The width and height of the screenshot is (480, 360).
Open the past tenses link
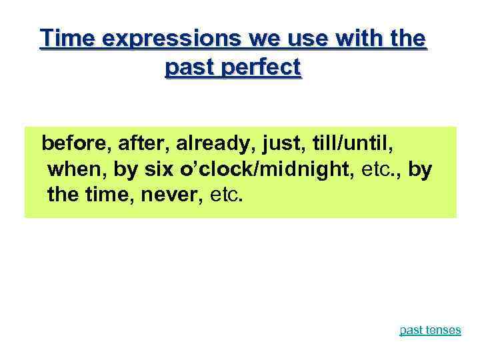coord(430,330)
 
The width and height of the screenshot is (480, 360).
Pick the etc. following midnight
coord(380,170)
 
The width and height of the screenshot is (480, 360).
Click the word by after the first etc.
coord(419,170)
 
